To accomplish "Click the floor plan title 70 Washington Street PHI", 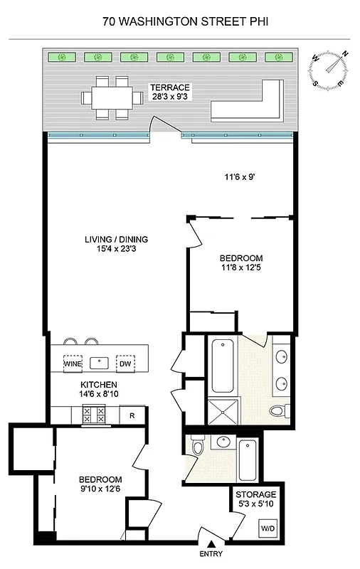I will pyautogui.click(x=179, y=22).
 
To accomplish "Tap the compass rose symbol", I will pyautogui.click(x=332, y=68).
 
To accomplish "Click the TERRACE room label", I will pyautogui.click(x=169, y=87).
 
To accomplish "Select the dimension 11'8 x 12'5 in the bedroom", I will pyautogui.click(x=241, y=268).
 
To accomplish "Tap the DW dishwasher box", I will pyautogui.click(x=126, y=363).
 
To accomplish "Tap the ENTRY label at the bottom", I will pyautogui.click(x=211, y=555).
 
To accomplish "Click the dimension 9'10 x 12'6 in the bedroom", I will pyautogui.click(x=100, y=489).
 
